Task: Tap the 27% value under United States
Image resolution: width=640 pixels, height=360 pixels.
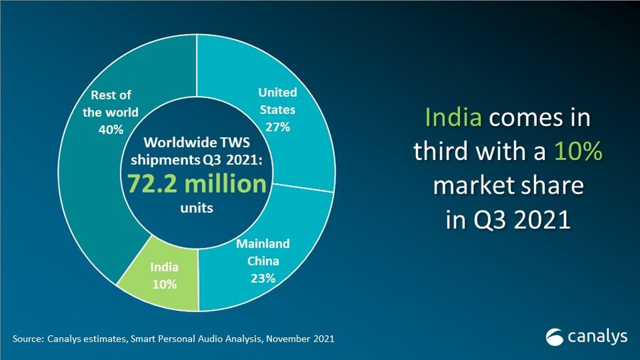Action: tap(277, 126)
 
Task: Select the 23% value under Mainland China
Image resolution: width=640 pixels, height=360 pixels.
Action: tap(263, 278)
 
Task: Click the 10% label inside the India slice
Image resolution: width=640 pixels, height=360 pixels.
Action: tap(164, 284)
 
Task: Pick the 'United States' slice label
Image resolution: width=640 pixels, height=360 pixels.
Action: tap(277, 101)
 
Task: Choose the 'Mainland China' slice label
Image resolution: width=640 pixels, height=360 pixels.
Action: tap(263, 252)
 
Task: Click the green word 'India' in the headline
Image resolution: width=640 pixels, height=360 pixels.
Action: tap(453, 117)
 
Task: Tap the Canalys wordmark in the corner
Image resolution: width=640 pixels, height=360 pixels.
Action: tap(597, 336)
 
